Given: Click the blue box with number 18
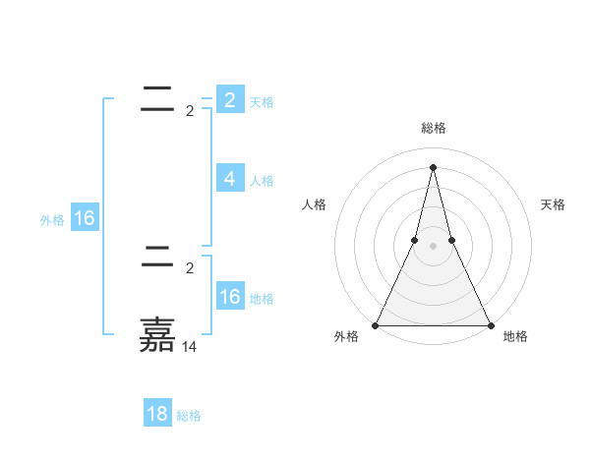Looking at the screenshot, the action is pos(157,414).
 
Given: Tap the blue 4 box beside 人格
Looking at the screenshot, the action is pos(229,179).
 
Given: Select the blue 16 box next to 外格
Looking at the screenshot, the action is pos(85,218).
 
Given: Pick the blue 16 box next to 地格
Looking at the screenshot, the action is pos(229,297).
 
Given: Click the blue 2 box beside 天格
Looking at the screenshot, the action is pos(229,100).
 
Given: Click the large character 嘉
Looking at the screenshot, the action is pos(157,335).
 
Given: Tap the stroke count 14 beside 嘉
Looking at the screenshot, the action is pos(190,347).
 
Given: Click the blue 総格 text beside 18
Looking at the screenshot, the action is pos(189,416).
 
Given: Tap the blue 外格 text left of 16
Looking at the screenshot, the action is pos(52,220).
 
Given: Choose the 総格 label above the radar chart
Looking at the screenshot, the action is pos(433,129).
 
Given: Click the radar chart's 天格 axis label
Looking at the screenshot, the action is pos(553,204).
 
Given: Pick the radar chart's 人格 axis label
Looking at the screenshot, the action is pos(314,204).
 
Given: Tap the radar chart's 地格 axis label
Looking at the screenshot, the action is pos(515,336).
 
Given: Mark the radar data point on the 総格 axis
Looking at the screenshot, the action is pos(433,166).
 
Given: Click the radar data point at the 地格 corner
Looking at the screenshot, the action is pos(490,324).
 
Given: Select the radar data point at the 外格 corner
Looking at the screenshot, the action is pos(377,324).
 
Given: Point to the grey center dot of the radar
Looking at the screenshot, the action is pos(433,246).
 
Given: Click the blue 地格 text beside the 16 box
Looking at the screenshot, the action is pos(263,299).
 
